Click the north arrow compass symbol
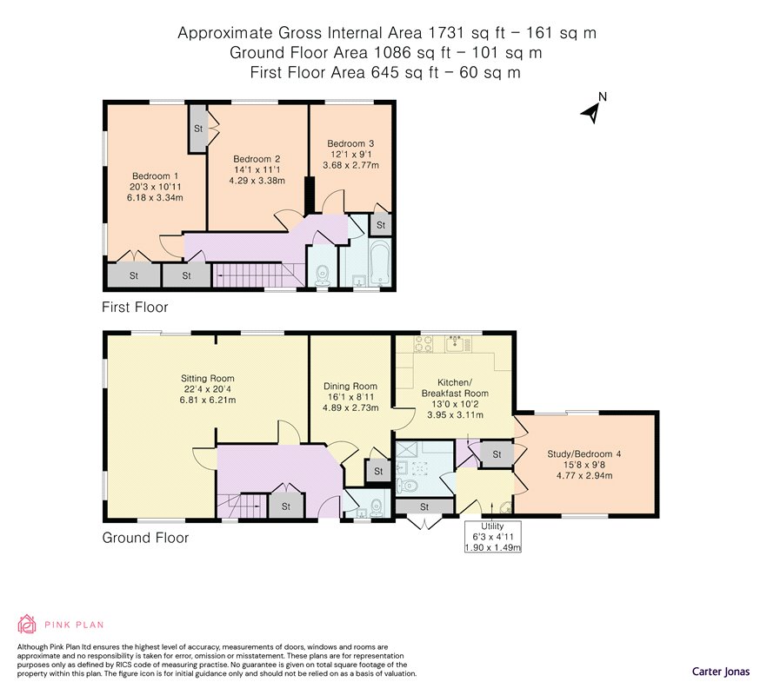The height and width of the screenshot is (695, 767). [x=592, y=112]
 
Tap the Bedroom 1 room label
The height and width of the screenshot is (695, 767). [x=155, y=176]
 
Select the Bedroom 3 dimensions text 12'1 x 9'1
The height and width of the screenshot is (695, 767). [x=350, y=155]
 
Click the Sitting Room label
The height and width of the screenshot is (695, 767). [x=207, y=378]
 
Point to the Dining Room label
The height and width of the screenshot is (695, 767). [x=350, y=386]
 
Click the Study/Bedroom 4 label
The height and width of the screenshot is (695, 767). [x=584, y=454]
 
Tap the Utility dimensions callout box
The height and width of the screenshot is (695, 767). [x=492, y=537]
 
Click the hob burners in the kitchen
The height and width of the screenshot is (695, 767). [x=423, y=343]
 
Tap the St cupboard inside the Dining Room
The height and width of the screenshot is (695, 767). [x=378, y=471]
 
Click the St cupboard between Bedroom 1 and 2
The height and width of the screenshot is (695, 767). [x=198, y=128]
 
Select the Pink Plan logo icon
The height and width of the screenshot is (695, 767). [x=27, y=624]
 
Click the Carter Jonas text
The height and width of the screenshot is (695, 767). [x=721, y=672]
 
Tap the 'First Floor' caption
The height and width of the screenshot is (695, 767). [x=135, y=307]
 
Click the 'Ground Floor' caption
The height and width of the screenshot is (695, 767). [x=145, y=538]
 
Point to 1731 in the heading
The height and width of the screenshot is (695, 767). [x=445, y=33]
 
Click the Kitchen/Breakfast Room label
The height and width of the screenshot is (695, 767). [x=455, y=388]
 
